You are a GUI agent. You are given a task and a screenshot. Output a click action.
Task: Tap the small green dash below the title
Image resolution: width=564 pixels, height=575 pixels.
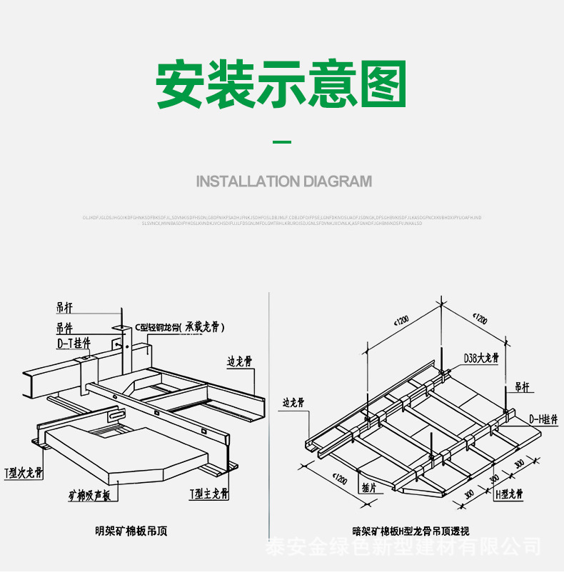(x=283, y=143)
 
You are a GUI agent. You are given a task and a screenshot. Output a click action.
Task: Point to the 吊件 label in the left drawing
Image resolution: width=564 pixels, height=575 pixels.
(x=69, y=328)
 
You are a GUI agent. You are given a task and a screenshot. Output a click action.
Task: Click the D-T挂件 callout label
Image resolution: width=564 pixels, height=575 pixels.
(x=74, y=342)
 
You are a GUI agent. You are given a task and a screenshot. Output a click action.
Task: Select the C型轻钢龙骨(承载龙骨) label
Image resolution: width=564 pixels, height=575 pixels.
(x=180, y=328)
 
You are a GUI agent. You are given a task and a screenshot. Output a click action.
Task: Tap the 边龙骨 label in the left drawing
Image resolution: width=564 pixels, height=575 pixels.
(x=240, y=362)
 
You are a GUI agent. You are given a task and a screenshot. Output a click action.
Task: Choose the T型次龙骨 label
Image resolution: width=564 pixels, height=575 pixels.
(x=24, y=472)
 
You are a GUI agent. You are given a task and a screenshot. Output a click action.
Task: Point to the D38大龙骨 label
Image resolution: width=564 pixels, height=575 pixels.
(x=480, y=358)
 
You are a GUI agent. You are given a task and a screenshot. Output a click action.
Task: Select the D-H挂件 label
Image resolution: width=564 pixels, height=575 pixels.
(x=543, y=419)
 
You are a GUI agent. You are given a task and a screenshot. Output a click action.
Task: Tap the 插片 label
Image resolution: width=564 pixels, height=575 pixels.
(x=369, y=489)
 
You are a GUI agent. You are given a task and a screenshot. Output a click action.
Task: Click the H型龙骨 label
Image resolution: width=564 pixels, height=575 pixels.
(x=509, y=494)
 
